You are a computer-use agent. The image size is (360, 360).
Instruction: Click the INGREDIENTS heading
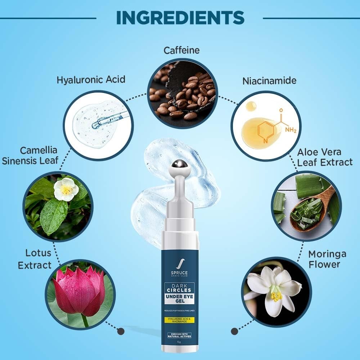180,17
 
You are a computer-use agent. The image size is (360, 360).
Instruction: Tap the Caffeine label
181,50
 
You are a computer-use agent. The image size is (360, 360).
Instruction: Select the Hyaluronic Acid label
91,80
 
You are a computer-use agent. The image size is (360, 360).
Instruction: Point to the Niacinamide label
269,80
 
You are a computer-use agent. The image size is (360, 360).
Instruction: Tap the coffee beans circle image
182,93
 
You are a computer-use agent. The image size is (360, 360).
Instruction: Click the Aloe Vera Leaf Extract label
324,157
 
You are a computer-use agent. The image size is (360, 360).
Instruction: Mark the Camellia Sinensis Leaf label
30,156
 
